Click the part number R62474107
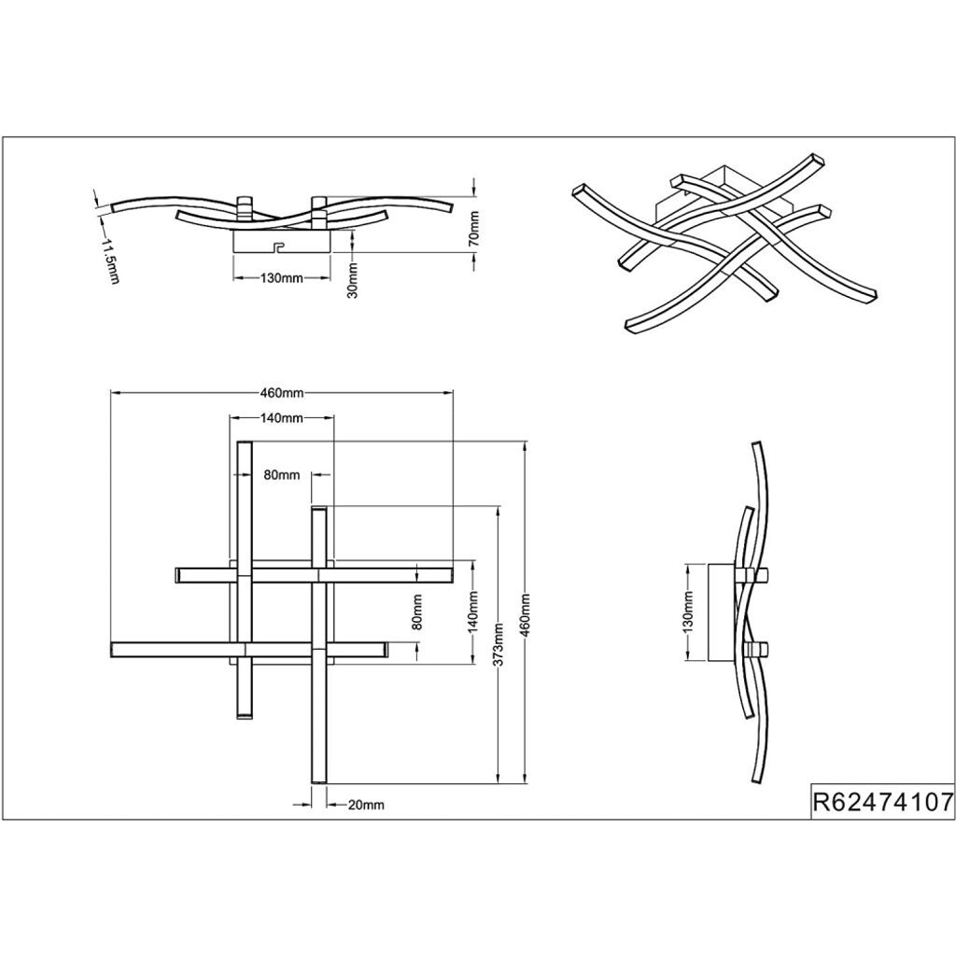pos(882,802)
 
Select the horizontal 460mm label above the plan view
pos(281,393)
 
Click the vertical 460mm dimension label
pos(526,612)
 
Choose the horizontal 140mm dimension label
pos(282,418)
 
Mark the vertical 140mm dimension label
pos(474,614)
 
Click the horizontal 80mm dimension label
pos(281,475)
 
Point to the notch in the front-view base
pos(276,248)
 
